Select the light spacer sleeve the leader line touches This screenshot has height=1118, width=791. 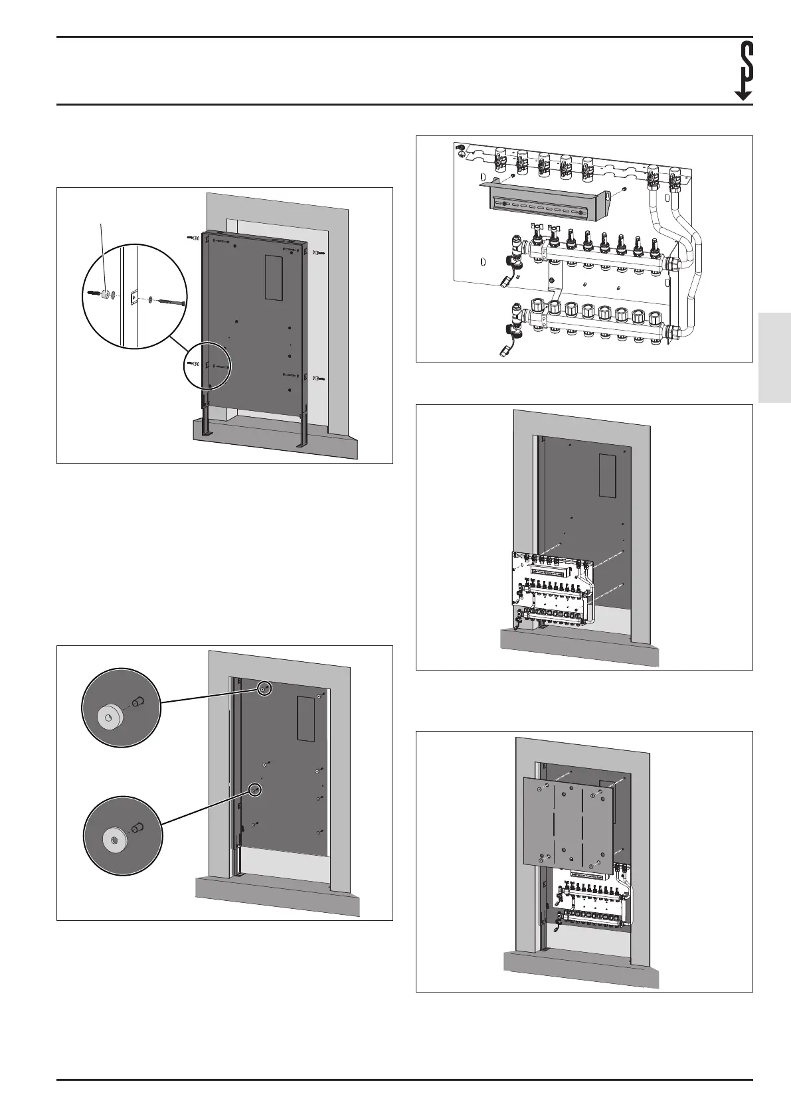(105, 293)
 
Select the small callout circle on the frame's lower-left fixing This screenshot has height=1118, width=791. (207, 365)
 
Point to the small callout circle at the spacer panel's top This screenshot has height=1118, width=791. (264, 689)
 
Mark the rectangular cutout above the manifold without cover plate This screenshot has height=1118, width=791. (608, 475)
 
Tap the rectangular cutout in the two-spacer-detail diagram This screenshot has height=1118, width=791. (305, 719)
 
